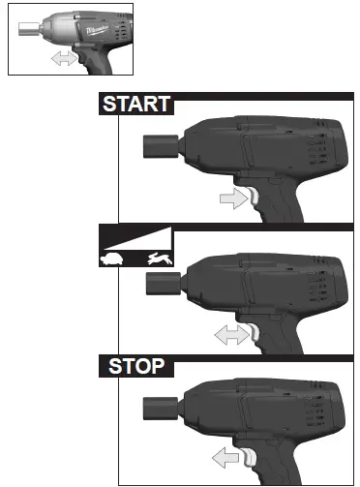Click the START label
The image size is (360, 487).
(136, 105)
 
